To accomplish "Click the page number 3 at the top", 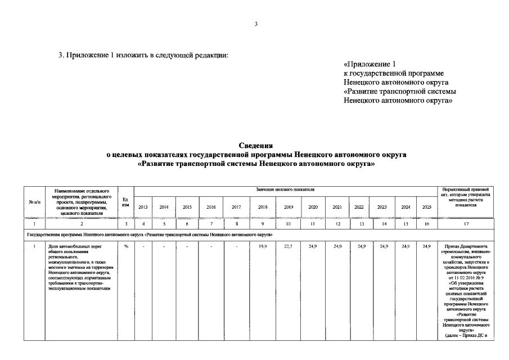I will (x=255, y=24).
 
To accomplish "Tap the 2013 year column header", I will (x=143, y=207).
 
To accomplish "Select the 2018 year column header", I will (x=263, y=207).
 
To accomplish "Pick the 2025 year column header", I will (x=426, y=207).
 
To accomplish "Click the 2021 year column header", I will (x=337, y=207).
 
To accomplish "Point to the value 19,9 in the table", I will (x=263, y=246).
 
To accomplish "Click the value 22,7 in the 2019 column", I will (x=289, y=246).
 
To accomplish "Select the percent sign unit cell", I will (x=125, y=246).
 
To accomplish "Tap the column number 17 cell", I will (x=465, y=224).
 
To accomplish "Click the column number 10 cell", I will (x=289, y=224).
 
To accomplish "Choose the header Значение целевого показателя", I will (x=285, y=190).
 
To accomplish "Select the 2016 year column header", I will (x=211, y=207).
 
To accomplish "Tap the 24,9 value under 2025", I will (x=426, y=246).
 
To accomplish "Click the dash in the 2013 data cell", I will (x=143, y=246).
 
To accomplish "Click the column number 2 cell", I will (x=82, y=224).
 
